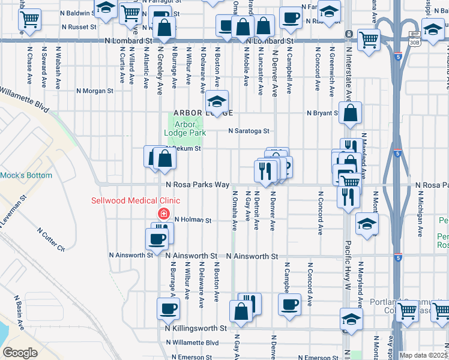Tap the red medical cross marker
click(x=163, y=214)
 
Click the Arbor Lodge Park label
click(x=185, y=128)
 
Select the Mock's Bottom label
click(x=26, y=176)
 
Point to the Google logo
click(x=20, y=352)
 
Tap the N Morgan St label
click(x=95, y=91)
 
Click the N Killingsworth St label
click(x=196, y=329)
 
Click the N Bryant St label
click(x=323, y=113)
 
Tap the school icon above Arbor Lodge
click(x=218, y=100)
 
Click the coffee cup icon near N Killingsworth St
click(x=168, y=309)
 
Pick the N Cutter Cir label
click(x=50, y=239)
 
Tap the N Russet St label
click(x=76, y=27)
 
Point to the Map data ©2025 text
click(x=423, y=355)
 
